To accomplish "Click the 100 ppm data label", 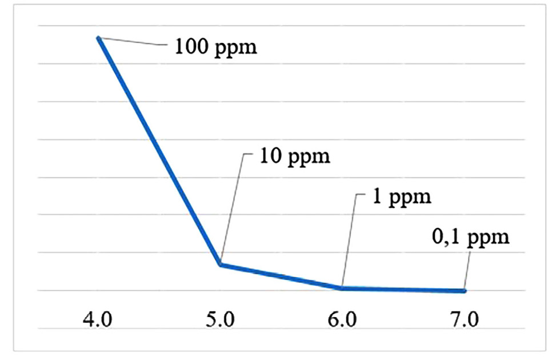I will (216, 46).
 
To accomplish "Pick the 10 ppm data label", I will (294, 156).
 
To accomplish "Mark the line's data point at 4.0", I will (99, 38).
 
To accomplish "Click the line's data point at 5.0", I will (221, 265).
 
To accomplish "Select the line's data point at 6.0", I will (342, 288).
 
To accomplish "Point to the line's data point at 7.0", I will (464, 291).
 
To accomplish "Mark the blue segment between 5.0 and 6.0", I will (281, 277).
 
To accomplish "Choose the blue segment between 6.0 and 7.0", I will (403, 290).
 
